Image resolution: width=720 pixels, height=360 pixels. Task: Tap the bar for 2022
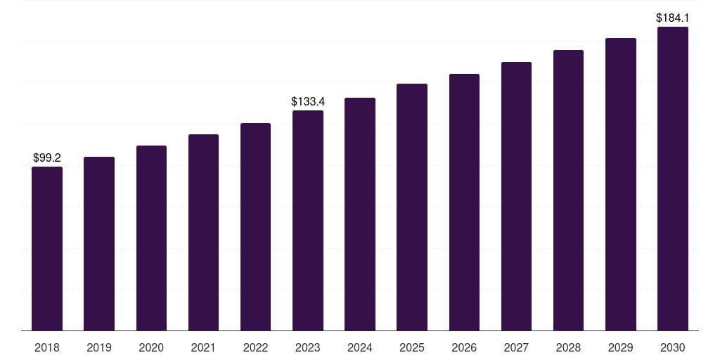point(255,226)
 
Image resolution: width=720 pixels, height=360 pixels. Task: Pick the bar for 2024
point(360,214)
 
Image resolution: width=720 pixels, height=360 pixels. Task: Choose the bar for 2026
point(464,202)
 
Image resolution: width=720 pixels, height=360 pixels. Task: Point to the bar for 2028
point(568,190)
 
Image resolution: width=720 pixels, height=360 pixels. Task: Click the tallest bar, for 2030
point(672,179)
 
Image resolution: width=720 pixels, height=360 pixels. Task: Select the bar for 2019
point(99,243)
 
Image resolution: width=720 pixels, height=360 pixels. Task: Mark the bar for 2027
point(516,196)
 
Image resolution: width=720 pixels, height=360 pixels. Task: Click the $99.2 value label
point(47,158)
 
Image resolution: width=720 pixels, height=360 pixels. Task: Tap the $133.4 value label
point(308,102)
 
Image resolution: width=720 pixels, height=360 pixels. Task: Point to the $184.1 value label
point(672,18)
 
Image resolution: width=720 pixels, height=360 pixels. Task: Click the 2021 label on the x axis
point(203,347)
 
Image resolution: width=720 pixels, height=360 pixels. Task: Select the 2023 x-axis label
point(308,347)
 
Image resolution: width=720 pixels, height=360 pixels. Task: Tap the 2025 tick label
point(412,347)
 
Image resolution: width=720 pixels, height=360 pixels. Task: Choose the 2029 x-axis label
point(620,347)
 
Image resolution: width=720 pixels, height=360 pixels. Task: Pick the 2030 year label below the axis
point(672,347)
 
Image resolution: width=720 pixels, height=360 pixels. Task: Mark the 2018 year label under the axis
point(47,347)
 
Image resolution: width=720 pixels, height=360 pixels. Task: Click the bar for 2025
point(412,207)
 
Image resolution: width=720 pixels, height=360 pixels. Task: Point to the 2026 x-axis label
point(464,347)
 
